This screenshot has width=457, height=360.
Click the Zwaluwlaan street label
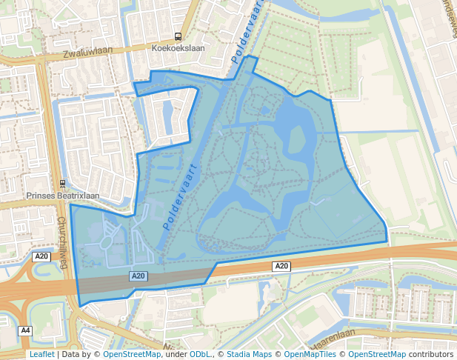[x=88, y=54]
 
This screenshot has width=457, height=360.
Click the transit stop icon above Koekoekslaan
[x=178, y=36]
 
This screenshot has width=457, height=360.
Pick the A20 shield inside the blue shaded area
[x=139, y=276]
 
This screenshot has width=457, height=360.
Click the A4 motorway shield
[x=26, y=330]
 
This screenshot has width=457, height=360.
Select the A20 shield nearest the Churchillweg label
[x=41, y=256]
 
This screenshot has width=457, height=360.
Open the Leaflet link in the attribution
[x=41, y=354]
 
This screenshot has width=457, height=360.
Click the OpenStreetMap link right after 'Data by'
[x=132, y=354]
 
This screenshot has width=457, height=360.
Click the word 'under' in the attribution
[x=175, y=354]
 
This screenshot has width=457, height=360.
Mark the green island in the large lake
[x=296, y=139]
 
